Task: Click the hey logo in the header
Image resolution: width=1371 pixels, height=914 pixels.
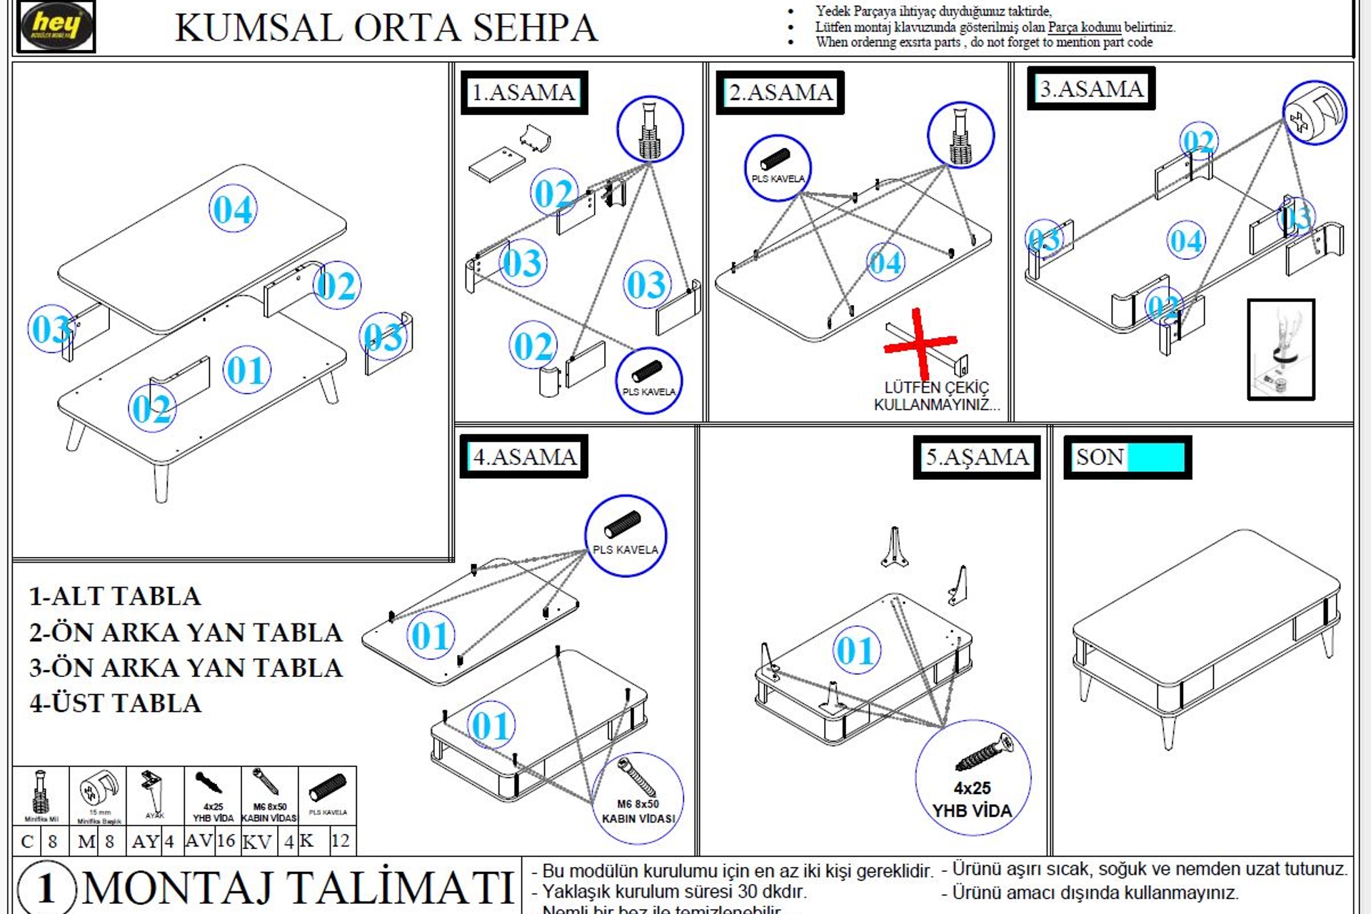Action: click(56, 26)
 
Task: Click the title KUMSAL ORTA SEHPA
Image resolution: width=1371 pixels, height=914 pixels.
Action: click(386, 29)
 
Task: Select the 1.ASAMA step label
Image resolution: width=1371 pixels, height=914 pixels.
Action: click(524, 92)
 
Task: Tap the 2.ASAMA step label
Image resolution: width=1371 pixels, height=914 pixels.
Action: click(780, 92)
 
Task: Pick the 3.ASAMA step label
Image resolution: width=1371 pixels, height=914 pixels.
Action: click(1091, 89)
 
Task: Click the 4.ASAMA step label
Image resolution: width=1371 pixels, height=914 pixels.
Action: click(524, 456)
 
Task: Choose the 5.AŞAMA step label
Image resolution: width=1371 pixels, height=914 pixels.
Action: click(977, 456)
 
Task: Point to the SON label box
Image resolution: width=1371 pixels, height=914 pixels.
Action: click(1128, 457)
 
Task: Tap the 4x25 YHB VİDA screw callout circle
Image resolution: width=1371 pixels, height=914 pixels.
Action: click(973, 777)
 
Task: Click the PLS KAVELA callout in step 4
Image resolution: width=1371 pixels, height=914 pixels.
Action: click(626, 536)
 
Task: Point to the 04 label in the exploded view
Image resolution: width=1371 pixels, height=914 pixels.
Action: click(233, 209)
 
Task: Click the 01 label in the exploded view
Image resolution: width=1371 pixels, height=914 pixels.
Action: click(246, 370)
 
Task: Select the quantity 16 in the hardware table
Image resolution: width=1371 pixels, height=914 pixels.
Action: click(226, 840)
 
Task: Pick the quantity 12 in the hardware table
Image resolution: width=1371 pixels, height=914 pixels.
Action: click(340, 840)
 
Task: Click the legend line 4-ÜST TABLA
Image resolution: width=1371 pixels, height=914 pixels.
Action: click(116, 703)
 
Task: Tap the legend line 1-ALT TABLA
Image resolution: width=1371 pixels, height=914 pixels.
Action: click(115, 596)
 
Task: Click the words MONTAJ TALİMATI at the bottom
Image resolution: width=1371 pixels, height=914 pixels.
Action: click(298, 888)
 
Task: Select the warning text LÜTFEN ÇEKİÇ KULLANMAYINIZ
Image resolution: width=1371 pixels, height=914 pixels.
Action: click(936, 396)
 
